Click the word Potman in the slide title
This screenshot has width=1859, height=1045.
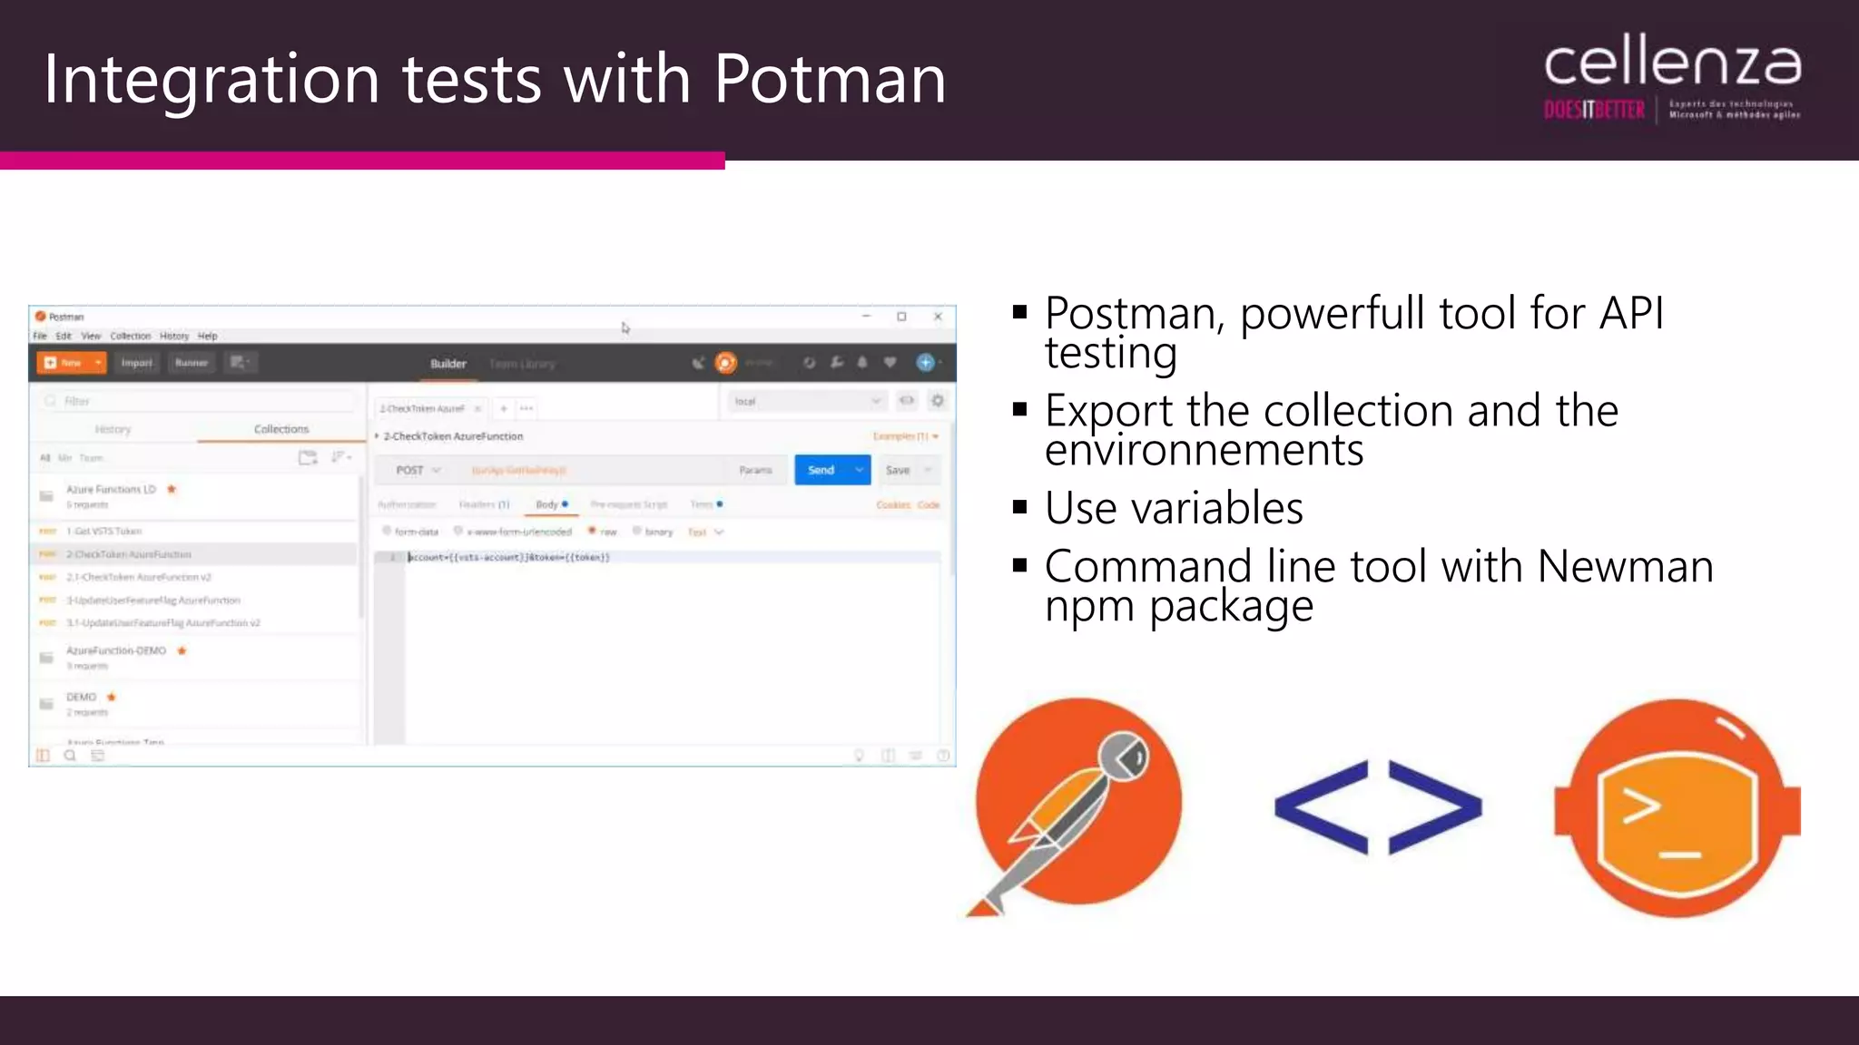(830, 79)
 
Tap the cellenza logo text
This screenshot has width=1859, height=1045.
(1672, 63)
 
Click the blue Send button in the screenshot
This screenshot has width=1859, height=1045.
(821, 470)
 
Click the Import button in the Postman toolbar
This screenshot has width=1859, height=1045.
(137, 363)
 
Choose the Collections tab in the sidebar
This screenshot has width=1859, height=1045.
(281, 429)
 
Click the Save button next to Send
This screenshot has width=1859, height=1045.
(898, 470)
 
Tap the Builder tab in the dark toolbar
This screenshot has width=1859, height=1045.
(448, 364)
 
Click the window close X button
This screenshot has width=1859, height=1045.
(938, 317)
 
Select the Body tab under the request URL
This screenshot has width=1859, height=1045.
(547, 504)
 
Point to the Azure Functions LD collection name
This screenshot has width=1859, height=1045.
(111, 490)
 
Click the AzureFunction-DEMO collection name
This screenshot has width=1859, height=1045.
(116, 651)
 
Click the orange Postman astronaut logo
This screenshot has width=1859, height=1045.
(1077, 803)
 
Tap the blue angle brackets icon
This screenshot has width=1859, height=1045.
(1378, 807)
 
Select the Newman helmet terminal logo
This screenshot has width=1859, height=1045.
(1677, 807)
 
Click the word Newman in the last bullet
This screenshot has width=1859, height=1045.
(1625, 567)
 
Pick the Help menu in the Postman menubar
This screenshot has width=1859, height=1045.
(208, 336)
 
